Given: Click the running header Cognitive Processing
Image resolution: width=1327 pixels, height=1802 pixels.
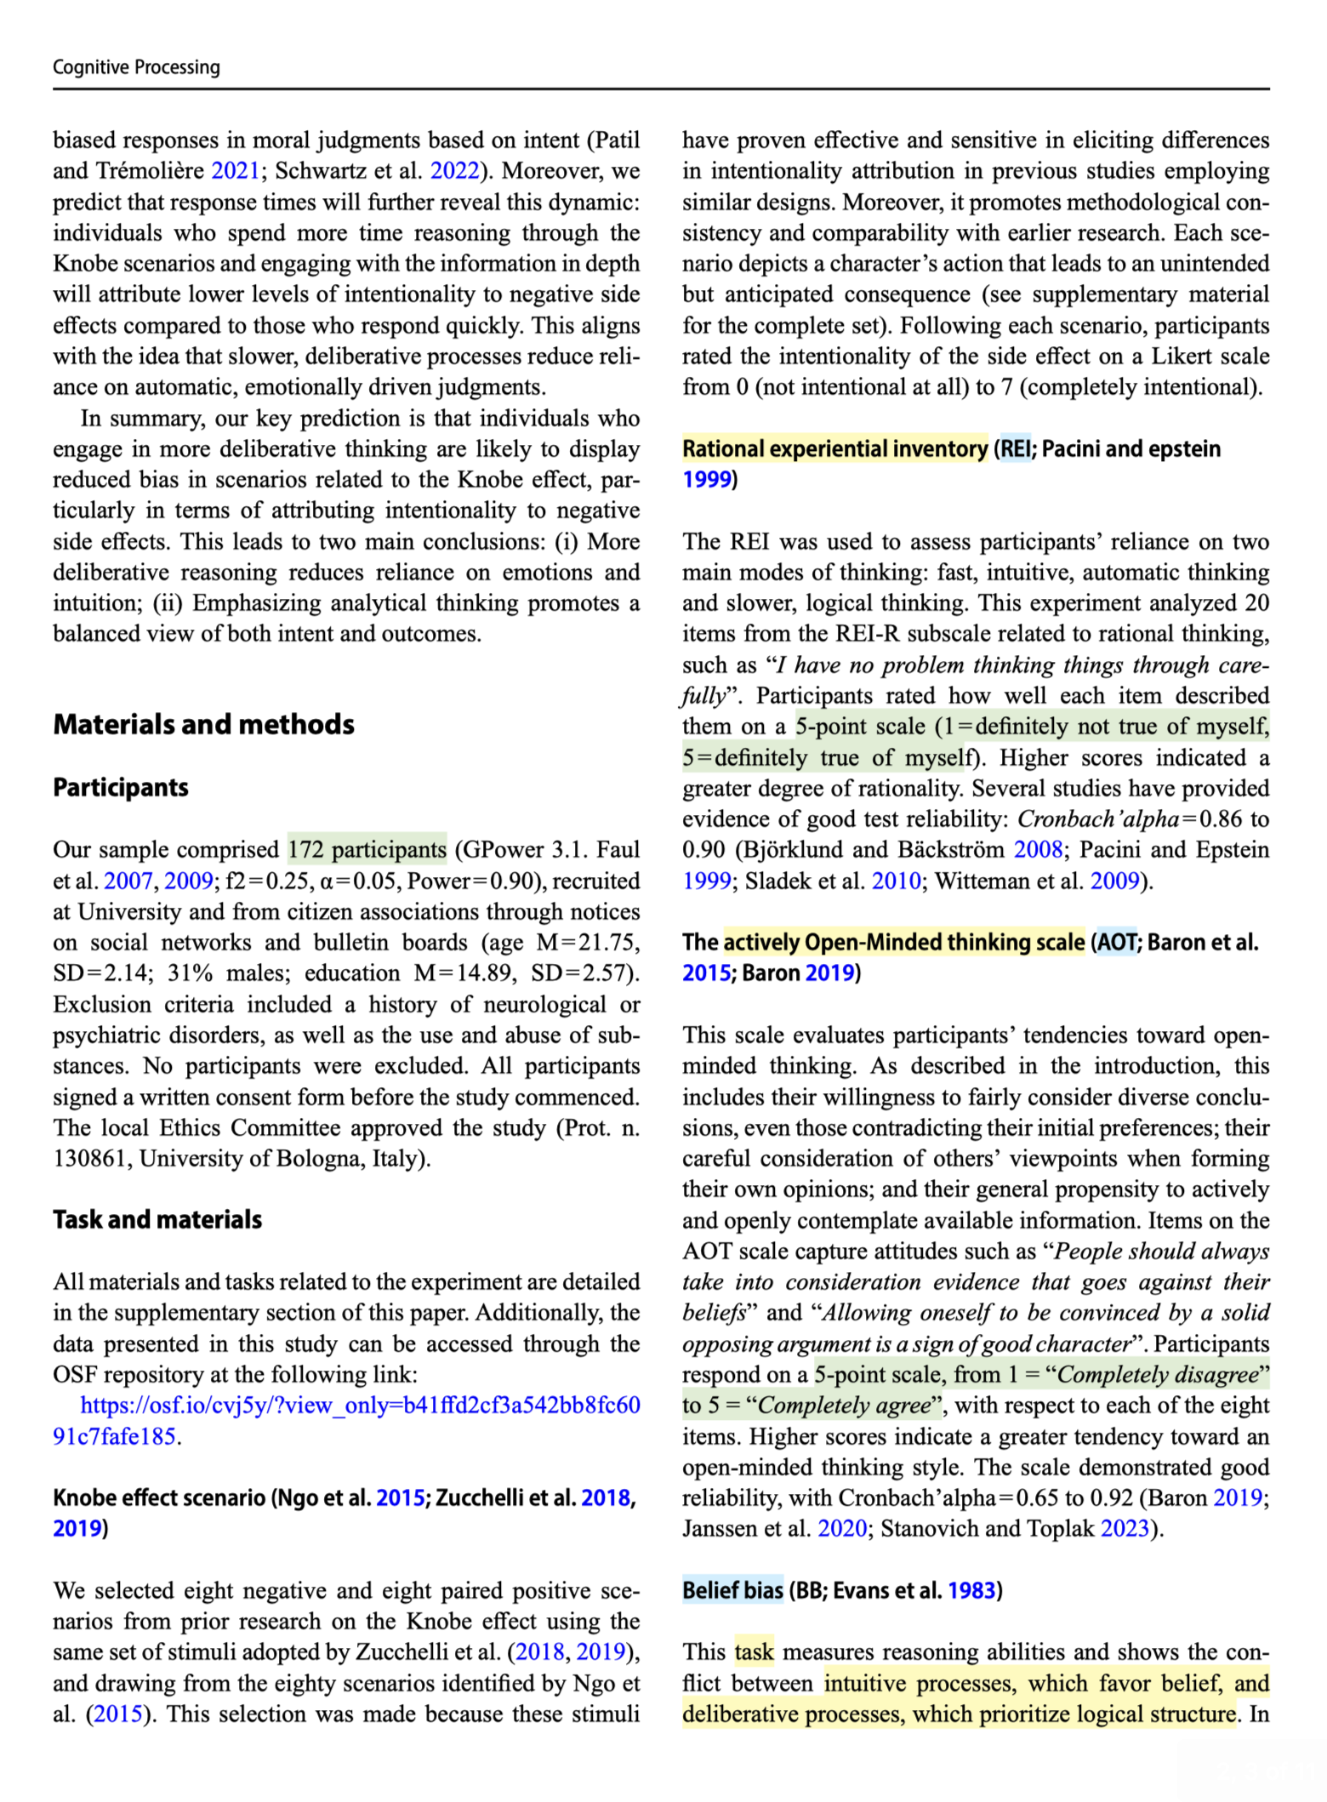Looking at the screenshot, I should [136, 67].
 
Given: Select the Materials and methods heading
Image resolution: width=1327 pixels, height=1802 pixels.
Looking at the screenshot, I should [203, 724].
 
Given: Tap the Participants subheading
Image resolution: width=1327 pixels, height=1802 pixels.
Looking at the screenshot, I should [121, 787].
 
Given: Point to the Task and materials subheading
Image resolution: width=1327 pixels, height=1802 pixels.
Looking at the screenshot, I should [157, 1219].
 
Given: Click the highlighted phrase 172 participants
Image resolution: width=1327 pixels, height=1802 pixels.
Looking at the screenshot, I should [367, 849].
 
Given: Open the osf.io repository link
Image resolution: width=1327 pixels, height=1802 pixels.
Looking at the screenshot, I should [360, 1405].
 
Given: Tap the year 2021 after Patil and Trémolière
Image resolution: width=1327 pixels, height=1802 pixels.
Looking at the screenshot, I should [235, 171].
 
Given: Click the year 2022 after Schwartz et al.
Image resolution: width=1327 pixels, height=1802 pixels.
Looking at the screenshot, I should [454, 171].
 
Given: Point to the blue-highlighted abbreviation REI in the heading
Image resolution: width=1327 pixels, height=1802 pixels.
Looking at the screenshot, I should [1015, 448].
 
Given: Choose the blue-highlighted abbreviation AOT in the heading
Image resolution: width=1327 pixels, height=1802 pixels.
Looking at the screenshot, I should [1116, 942].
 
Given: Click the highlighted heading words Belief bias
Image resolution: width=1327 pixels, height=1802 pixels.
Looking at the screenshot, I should [732, 1590].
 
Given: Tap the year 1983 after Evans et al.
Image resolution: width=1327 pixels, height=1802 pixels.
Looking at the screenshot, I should [971, 1590].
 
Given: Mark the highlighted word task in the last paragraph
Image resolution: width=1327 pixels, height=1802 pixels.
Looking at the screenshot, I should [754, 1652].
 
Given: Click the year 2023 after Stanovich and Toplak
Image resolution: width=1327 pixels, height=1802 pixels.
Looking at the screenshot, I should [1124, 1529].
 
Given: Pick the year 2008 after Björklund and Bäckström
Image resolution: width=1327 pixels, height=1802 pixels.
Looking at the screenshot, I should [1038, 849].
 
